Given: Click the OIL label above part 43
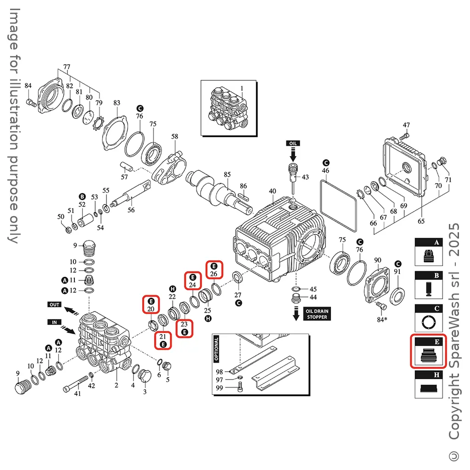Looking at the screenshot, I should tap(293, 143).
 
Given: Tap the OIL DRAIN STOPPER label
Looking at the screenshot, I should tap(317, 314).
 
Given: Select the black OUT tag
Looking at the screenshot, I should tap(55, 304).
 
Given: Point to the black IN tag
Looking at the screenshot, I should tap(54, 323).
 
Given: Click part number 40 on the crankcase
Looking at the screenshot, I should tap(272, 191).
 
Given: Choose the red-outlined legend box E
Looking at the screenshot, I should tap(428, 351).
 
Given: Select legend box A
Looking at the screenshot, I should tap(429, 252).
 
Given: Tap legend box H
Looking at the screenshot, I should tap(429, 384).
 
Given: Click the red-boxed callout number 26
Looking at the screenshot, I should tap(213, 274).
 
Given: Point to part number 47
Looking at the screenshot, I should tap(406, 125).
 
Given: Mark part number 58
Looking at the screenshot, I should tap(174, 136).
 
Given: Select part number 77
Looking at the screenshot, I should tap(67, 67).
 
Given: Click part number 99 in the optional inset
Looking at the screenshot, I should tap(219, 388).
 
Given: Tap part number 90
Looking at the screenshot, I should tap(378, 260).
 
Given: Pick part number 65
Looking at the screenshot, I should tap(421, 221).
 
